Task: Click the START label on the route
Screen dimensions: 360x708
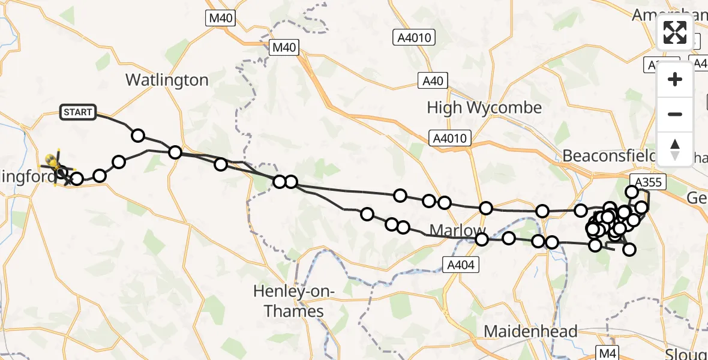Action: tap(78, 112)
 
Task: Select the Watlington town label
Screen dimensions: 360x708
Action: tap(167, 80)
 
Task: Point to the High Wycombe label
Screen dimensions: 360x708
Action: tap(484, 108)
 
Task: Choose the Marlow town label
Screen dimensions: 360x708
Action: tap(457, 231)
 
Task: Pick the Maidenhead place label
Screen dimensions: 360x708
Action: tap(530, 331)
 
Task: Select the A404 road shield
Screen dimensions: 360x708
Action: tap(461, 263)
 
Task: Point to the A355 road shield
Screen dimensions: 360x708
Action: tap(646, 181)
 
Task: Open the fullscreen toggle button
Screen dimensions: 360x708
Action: tap(675, 32)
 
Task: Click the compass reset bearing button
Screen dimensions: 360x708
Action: tap(675, 148)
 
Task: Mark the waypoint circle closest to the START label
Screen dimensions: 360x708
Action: tap(138, 135)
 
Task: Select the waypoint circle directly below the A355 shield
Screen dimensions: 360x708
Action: tap(632, 192)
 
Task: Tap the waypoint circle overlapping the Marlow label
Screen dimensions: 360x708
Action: tap(481, 240)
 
